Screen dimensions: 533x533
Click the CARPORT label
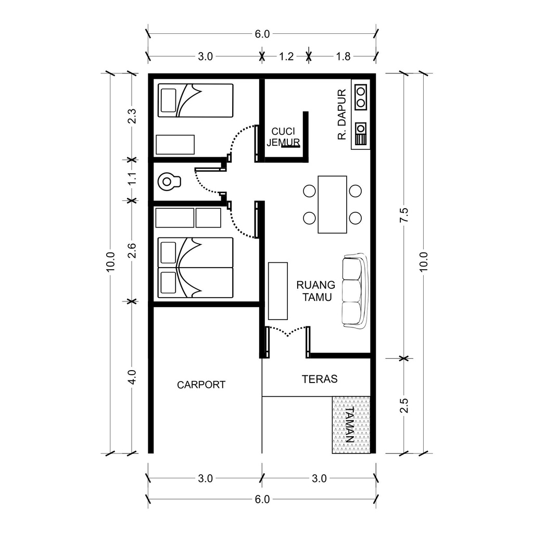coord(201,385)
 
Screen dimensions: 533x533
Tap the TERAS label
coord(320,379)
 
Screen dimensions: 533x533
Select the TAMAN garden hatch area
coord(351,425)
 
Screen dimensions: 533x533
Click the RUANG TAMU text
coord(316,291)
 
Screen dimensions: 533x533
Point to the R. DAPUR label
coord(341,115)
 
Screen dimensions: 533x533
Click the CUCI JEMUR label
coord(283,137)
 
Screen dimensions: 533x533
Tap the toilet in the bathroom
coord(169,182)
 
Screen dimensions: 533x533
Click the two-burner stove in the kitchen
coord(361,96)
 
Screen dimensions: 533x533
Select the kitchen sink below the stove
coord(361,134)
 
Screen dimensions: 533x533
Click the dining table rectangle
coord(333,204)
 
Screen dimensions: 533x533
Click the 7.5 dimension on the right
coord(404,215)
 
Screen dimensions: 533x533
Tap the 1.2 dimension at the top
coord(286,56)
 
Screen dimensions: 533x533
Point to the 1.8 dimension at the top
coord(344,56)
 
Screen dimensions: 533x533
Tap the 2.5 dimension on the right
coord(404,405)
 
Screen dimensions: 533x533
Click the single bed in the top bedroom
coord(196,100)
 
